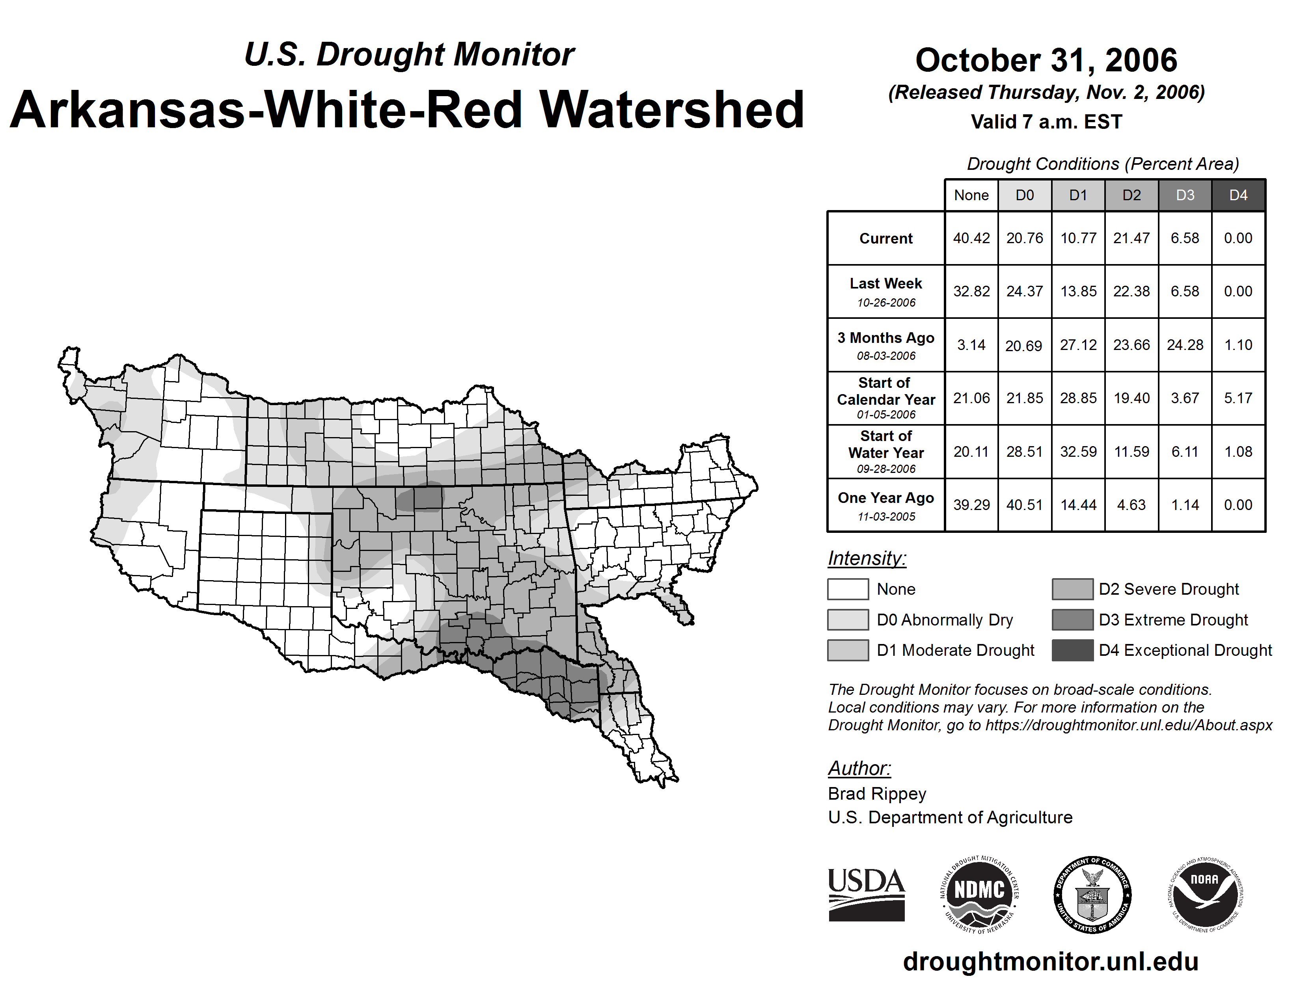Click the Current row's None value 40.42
(971, 238)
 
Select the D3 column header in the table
(1185, 195)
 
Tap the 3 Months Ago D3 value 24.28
(1185, 345)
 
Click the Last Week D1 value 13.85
(1078, 291)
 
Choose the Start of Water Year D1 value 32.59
(1078, 452)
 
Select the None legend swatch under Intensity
(848, 589)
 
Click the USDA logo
(866, 894)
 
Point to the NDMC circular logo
(979, 894)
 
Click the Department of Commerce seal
(1092, 894)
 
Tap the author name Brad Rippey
(877, 794)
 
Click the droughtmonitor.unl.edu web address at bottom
(1051, 962)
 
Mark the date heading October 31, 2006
(1046, 60)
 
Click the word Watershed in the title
(672, 110)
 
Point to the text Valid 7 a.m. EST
(1046, 122)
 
